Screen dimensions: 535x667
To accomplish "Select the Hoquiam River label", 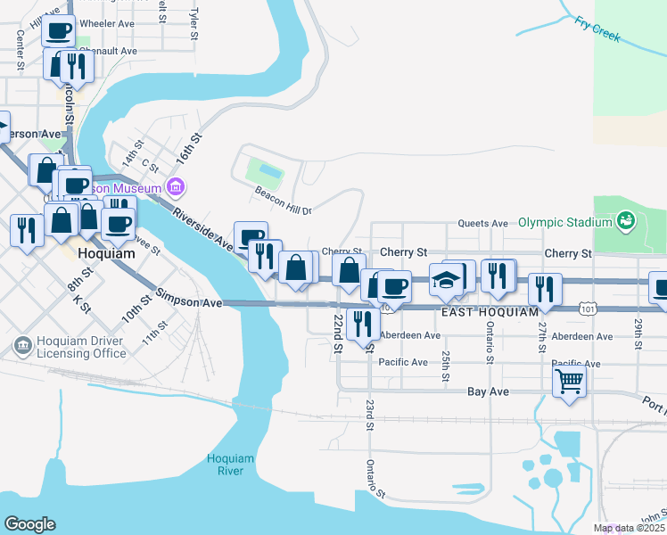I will (231, 464).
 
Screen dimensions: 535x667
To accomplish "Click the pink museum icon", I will (176, 188).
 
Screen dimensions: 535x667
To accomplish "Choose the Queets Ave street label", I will (482, 223).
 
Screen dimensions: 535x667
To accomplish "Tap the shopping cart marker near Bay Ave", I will (570, 382).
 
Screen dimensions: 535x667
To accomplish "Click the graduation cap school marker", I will (445, 279).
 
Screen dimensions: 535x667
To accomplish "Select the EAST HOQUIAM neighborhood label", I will (490, 312).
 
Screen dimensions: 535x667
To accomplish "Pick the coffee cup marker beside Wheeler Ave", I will (59, 31).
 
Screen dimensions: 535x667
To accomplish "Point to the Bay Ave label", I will (488, 391).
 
